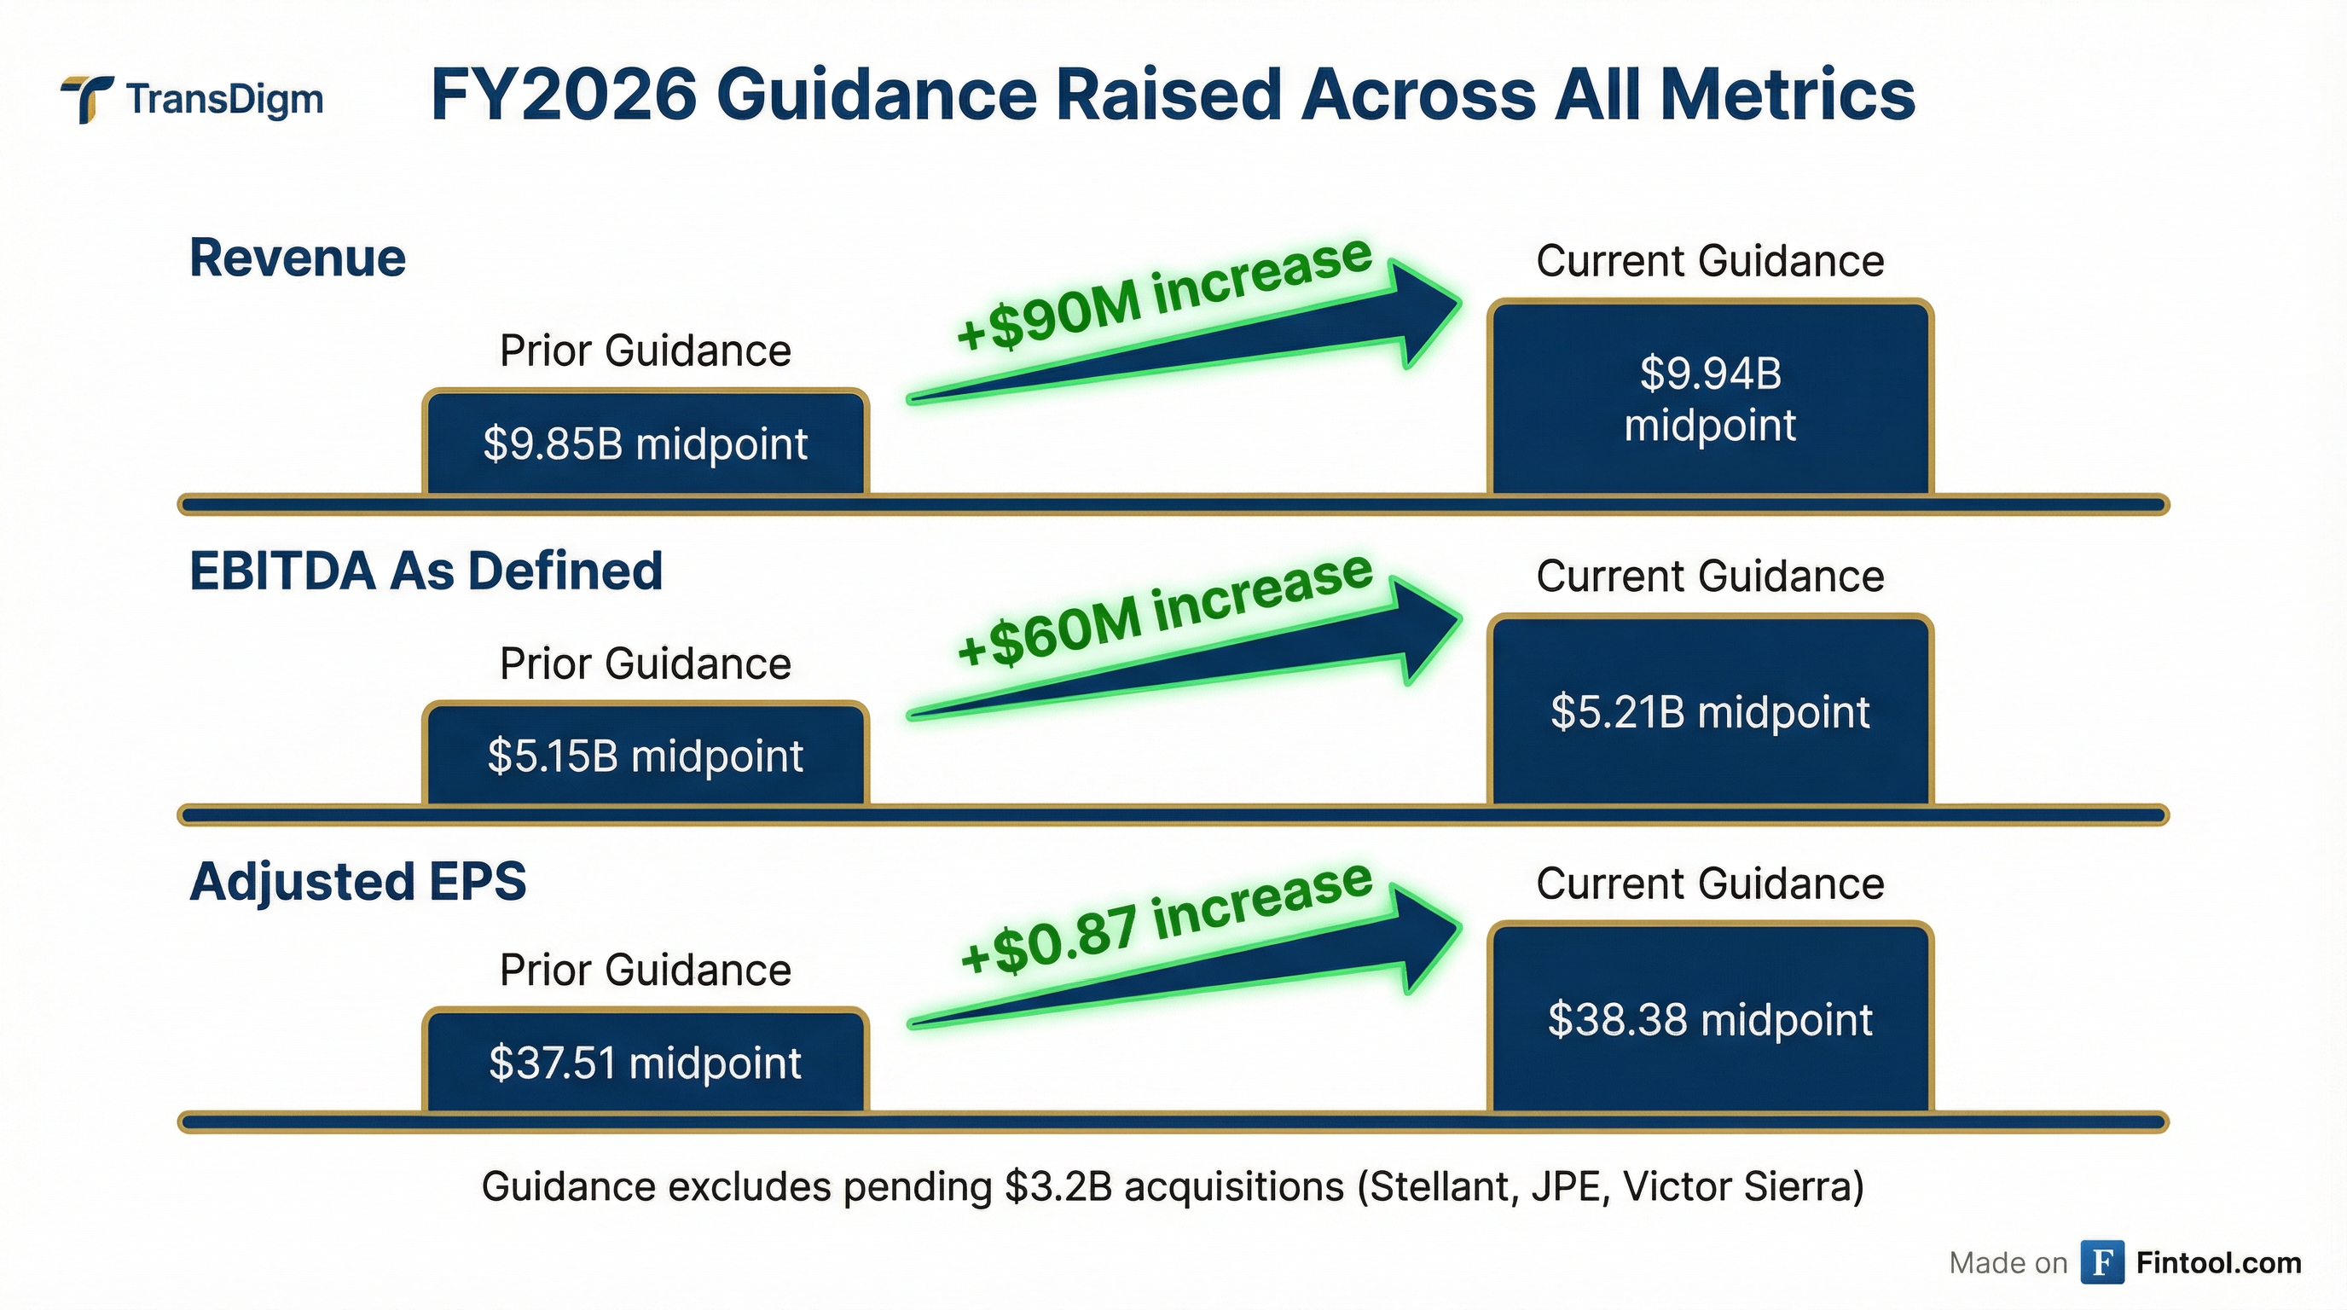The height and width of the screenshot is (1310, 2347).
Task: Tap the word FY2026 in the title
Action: point(563,95)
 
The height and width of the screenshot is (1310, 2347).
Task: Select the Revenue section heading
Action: point(297,258)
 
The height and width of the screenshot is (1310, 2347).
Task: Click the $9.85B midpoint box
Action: point(645,443)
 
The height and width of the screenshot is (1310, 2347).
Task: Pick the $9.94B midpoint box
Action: point(1709,399)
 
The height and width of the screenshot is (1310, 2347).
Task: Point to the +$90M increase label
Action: point(1163,293)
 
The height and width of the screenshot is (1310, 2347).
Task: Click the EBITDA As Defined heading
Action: point(426,571)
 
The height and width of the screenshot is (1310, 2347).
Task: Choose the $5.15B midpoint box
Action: point(645,755)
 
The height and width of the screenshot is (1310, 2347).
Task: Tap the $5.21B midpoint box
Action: point(1709,711)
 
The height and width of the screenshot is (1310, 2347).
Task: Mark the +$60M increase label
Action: point(1163,609)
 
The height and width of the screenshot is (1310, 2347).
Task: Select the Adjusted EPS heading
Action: point(358,882)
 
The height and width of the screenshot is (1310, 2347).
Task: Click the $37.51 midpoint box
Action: point(645,1062)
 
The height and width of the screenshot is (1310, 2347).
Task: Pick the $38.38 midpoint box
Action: point(1709,1019)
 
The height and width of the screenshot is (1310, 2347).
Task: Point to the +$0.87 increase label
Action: point(1165,918)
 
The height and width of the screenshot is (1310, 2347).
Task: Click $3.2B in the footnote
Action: point(1058,1187)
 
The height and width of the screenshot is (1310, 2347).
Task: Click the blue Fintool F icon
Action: point(2102,1262)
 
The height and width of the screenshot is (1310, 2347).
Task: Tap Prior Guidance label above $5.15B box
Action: point(645,664)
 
